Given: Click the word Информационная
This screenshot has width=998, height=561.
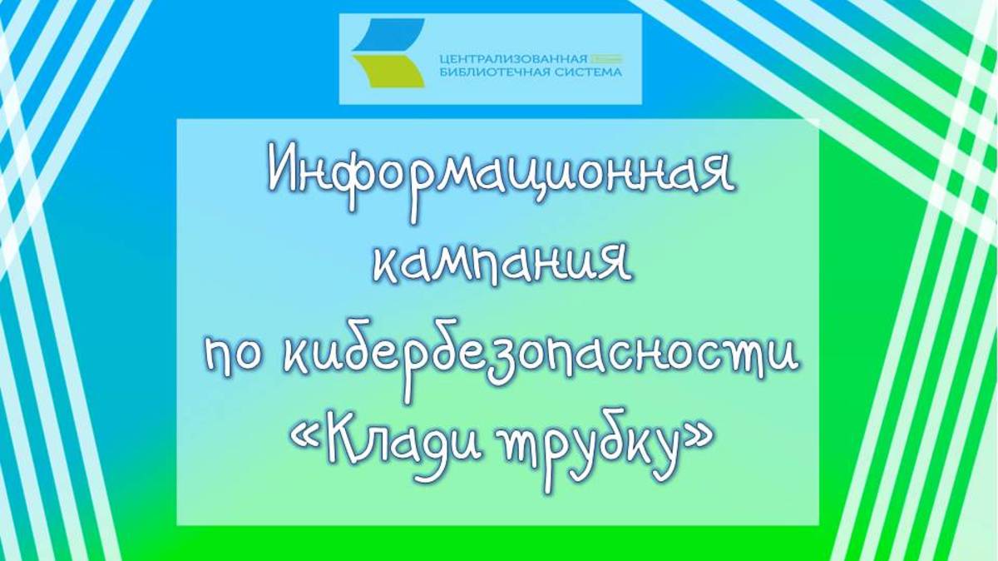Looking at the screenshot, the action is tap(501, 183).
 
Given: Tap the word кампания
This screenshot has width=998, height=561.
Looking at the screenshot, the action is tap(501, 266).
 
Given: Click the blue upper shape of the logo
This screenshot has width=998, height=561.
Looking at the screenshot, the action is tap(388, 34).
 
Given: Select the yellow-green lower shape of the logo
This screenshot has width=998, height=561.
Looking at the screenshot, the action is tap(388, 72).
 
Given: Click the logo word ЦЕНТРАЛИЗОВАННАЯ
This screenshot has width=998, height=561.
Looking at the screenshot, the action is tap(513, 59).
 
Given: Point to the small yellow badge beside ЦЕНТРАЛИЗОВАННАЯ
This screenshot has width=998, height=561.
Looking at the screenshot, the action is tap(607, 59).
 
